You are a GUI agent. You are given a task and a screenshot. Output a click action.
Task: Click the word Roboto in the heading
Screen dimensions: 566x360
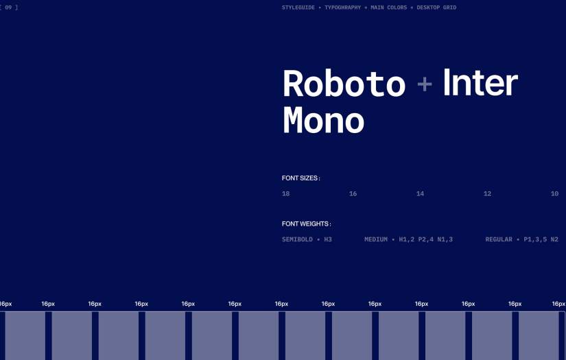point(344,84)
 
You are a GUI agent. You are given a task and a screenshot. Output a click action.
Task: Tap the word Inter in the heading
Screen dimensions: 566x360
point(480,82)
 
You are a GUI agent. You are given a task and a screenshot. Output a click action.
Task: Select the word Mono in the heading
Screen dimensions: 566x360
point(323,120)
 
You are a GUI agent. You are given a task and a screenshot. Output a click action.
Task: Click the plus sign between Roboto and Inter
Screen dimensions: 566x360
point(425,84)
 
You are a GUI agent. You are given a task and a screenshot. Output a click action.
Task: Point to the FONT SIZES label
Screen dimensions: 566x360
point(300,178)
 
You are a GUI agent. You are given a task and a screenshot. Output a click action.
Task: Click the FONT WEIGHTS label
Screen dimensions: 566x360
point(306,224)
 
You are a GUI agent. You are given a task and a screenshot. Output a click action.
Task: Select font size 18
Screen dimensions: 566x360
point(286,193)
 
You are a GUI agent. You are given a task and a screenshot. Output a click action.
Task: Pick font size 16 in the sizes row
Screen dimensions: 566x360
point(353,193)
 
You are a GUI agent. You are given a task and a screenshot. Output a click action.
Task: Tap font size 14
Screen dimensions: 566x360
point(420,193)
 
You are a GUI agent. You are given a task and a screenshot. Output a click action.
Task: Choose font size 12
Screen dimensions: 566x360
point(487,193)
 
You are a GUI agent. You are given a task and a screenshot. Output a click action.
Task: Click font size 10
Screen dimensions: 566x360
point(555,193)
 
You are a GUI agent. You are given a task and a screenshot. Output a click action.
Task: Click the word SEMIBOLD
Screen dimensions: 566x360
point(298,239)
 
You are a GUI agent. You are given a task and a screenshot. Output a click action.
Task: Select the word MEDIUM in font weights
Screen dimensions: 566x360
point(376,239)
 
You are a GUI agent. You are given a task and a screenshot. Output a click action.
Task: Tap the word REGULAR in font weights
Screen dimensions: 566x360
point(499,239)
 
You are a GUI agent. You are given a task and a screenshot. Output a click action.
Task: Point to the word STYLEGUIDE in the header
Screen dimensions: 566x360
point(298,8)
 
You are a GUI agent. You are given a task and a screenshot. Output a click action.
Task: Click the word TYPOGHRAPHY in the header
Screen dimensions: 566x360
point(342,8)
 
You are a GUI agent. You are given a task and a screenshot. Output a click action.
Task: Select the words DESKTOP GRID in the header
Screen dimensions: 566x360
point(436,8)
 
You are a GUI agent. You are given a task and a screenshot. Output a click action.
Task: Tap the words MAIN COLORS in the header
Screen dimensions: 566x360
point(389,8)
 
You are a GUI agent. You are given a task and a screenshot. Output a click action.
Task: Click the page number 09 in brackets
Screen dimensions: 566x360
point(8,8)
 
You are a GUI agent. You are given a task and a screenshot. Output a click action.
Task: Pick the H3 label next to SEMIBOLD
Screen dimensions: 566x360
point(328,239)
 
